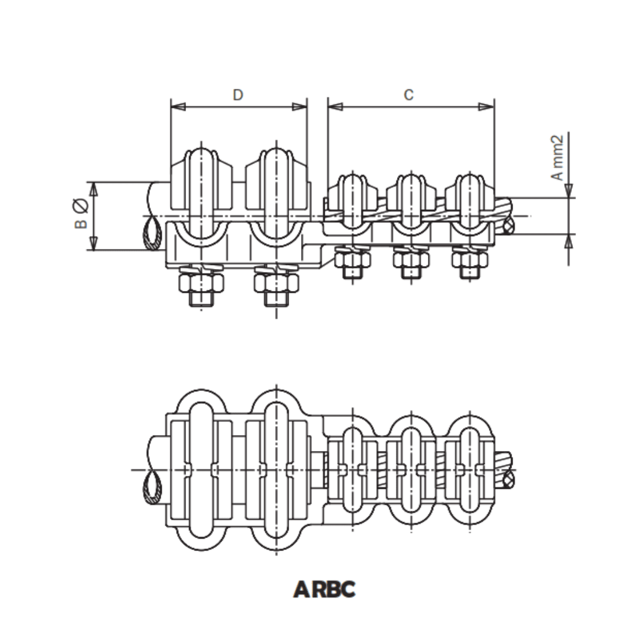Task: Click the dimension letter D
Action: click(238, 95)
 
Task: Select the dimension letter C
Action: click(409, 95)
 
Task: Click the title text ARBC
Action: click(325, 590)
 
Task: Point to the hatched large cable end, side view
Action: click(152, 234)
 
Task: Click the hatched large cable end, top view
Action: click(152, 489)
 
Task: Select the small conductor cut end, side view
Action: click(508, 225)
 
